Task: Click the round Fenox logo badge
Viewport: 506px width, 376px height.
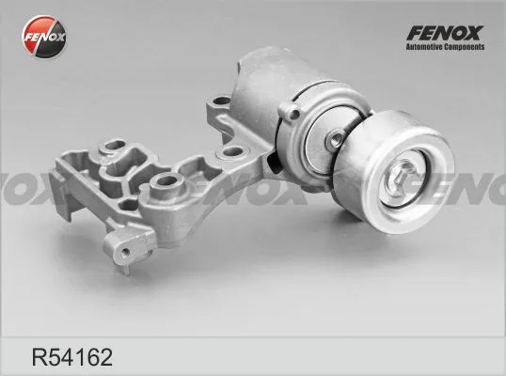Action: pyautogui.click(x=44, y=37)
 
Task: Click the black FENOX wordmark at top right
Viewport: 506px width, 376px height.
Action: pyautogui.click(x=445, y=33)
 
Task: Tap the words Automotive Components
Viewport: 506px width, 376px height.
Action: pyautogui.click(x=445, y=47)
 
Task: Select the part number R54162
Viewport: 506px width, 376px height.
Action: pyautogui.click(x=72, y=357)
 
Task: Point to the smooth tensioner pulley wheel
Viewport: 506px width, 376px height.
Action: pyautogui.click(x=395, y=172)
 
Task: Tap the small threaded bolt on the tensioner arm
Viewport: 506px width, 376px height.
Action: pyautogui.click(x=336, y=139)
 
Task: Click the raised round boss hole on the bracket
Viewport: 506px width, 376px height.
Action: pyautogui.click(x=166, y=182)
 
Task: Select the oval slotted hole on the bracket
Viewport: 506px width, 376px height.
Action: pyautogui.click(x=115, y=145)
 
